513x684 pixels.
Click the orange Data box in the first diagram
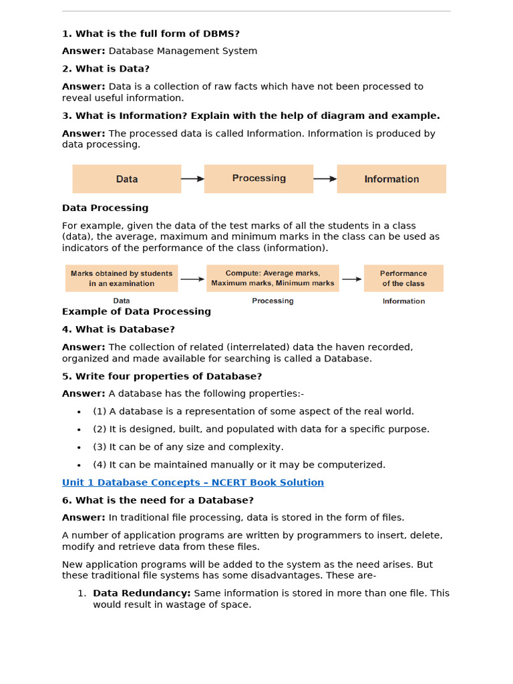click(127, 179)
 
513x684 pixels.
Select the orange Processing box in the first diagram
click(259, 179)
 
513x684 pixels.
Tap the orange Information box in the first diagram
click(391, 179)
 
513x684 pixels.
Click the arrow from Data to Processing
click(192, 179)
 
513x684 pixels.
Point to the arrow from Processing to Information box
click(325, 179)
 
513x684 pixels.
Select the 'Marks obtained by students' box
click(122, 279)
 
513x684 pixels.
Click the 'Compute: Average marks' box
click(273, 279)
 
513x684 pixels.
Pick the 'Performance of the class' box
click(403, 279)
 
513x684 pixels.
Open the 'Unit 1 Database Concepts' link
click(193, 482)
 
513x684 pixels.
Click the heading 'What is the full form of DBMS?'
click(151, 33)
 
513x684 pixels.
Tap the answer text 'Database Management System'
click(183, 51)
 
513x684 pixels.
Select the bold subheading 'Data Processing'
click(106, 208)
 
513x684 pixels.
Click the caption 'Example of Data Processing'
click(136, 311)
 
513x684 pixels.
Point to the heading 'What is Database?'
click(119, 329)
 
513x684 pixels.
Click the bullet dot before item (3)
click(79, 448)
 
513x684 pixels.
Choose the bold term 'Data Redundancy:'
click(142, 593)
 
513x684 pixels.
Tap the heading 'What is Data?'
click(106, 69)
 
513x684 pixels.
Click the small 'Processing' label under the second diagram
click(273, 301)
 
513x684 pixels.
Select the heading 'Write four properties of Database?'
click(162, 376)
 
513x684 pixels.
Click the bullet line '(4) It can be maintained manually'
click(239, 465)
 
